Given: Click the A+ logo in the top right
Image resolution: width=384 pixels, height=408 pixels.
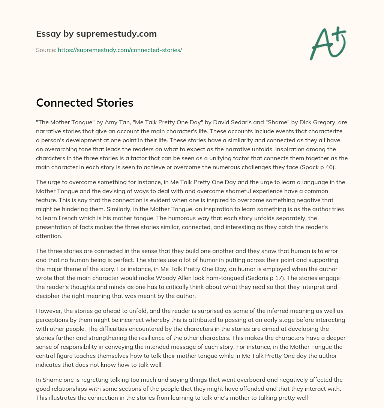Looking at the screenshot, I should (x=328, y=43).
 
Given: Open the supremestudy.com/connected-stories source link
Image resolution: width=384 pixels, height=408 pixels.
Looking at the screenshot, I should (x=120, y=50).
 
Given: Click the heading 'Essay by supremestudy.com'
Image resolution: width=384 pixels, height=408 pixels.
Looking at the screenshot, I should (x=96, y=34).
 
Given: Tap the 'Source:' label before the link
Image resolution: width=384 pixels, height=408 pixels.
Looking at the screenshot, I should (x=46, y=50).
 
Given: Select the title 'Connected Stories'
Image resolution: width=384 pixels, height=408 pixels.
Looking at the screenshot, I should (x=85, y=103).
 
